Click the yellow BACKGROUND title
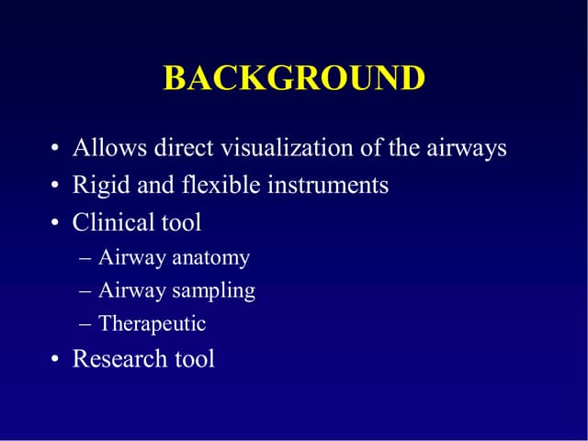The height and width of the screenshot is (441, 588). pyautogui.click(x=294, y=78)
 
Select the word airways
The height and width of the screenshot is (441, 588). pyautogui.click(x=467, y=147)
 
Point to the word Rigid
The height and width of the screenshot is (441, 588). pyautogui.click(x=97, y=185)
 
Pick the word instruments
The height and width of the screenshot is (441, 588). pyautogui.click(x=328, y=185)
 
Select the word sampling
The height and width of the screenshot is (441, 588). pyautogui.click(x=214, y=291)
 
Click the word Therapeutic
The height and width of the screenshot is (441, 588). pyautogui.click(x=152, y=324)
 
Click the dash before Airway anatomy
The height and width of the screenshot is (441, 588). pyautogui.click(x=85, y=259)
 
